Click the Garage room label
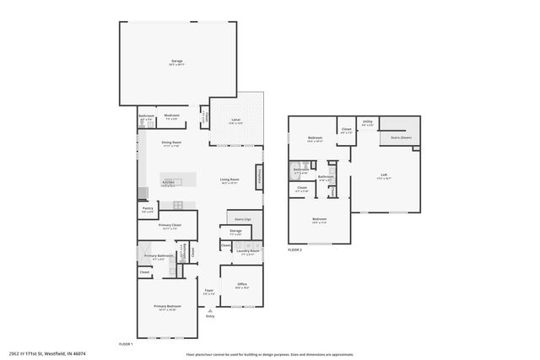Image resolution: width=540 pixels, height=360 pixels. (x=177, y=62)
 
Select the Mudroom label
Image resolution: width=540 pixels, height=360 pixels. (x=172, y=115)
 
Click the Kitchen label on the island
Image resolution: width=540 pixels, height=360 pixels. (x=168, y=182)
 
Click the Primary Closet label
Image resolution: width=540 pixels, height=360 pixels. (x=170, y=225)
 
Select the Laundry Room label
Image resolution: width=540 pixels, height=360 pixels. (x=247, y=250)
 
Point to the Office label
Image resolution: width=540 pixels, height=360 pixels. (x=241, y=284)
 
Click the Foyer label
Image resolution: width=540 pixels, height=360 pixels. (x=208, y=291)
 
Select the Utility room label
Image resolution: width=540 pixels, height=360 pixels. (x=368, y=122)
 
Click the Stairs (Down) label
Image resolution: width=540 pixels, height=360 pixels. (x=401, y=137)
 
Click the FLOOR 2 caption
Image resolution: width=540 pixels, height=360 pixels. (x=294, y=250)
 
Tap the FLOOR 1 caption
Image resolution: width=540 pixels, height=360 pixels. (x=126, y=344)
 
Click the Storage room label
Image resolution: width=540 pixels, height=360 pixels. (x=235, y=229)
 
